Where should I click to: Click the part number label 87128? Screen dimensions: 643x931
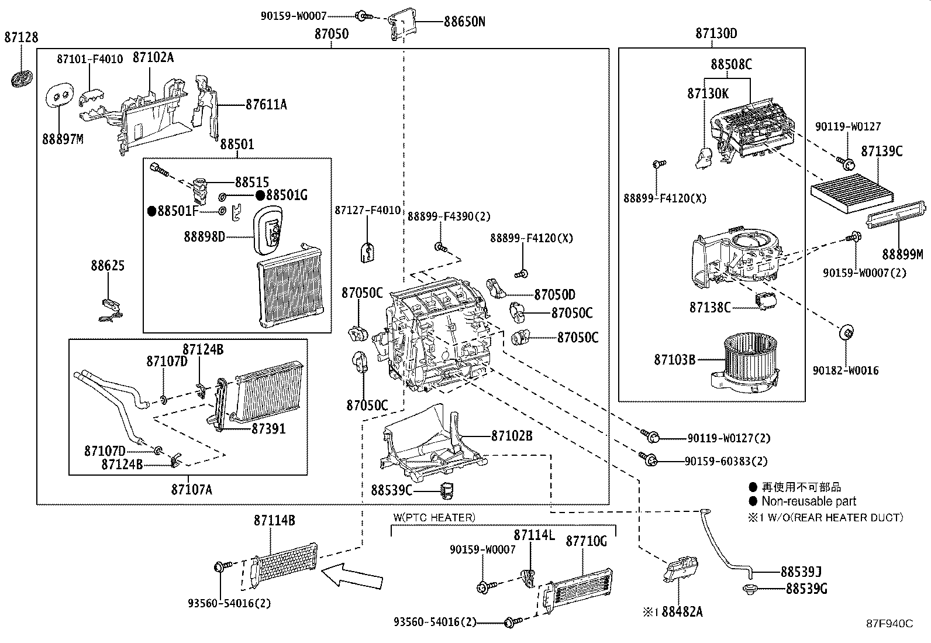21,37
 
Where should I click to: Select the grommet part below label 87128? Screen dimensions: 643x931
22,78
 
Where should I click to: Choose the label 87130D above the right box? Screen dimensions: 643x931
716,33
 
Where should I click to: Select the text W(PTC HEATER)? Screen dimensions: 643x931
434,517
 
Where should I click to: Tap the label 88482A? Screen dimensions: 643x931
682,611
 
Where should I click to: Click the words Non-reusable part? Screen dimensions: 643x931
808,501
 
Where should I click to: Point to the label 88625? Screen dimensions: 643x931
108,266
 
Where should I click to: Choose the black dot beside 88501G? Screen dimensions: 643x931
260,195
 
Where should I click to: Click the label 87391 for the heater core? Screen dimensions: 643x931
268,428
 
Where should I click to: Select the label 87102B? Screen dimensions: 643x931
512,436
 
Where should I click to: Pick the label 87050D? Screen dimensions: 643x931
554,295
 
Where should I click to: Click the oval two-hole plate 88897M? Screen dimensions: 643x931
61,94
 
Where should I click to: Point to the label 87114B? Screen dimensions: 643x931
274,520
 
